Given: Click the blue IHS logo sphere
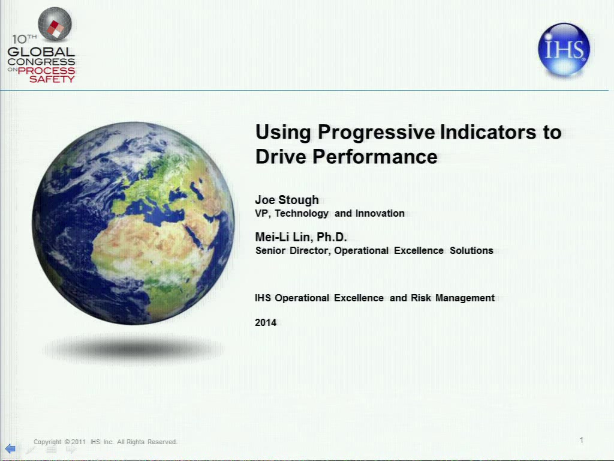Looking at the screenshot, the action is tap(564, 49).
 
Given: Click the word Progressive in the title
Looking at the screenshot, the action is tap(376, 132).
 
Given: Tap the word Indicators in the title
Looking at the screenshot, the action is tap(488, 131).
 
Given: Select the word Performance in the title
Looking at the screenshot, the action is tap(375, 157).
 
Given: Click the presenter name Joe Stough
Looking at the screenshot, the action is tap(287, 200).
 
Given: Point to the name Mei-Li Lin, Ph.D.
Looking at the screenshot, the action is tap(301, 237).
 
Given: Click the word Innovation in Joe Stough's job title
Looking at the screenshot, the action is tap(380, 213).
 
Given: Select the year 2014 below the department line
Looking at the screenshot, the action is tap(266, 322).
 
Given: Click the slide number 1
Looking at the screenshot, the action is tap(582, 440).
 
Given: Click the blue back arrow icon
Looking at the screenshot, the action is tap(10, 448).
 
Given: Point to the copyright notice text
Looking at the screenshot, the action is tap(106, 442).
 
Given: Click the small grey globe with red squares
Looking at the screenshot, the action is tap(55, 24).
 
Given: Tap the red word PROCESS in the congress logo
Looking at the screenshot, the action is tap(46, 71).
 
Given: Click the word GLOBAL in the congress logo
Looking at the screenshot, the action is tap(41, 52).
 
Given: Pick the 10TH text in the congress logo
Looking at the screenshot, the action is tap(24, 39).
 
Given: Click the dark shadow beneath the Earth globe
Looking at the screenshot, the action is tap(133, 348).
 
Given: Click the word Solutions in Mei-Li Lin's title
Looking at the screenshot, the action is tap(471, 250).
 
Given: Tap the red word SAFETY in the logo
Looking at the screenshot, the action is tap(52, 79).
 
